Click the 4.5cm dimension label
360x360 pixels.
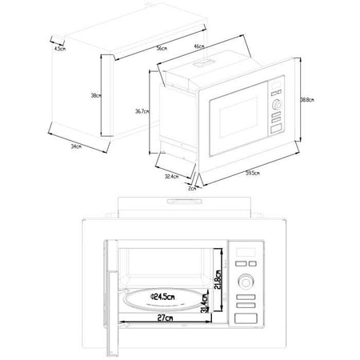pos(58,49)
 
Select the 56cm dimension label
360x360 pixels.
pos(161,50)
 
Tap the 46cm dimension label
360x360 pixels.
pos(198,47)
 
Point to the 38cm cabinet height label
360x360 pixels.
pos(95,96)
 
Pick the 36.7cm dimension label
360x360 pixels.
pos(143,111)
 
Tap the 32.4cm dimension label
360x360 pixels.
pos(172,175)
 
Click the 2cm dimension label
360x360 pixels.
pos(191,189)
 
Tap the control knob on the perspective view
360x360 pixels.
pos(276,104)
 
